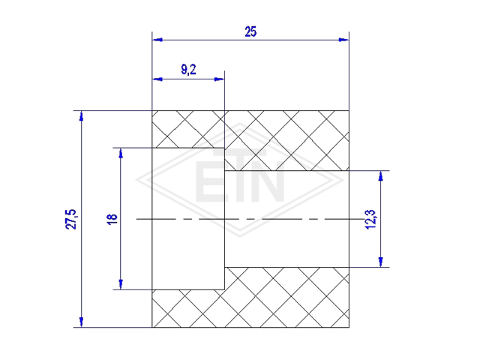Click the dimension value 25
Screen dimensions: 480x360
[x=250, y=31]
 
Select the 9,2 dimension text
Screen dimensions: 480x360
[x=188, y=70]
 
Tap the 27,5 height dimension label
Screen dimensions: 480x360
[x=70, y=219]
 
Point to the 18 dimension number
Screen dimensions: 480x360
[x=112, y=219]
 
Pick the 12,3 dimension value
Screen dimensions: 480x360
[x=370, y=219]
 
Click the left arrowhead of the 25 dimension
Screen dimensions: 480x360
[x=157, y=40]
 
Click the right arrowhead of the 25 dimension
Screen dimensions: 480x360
[x=343, y=40]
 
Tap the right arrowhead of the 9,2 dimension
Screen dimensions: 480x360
[x=219, y=79]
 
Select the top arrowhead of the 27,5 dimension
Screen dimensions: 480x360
[x=81, y=116]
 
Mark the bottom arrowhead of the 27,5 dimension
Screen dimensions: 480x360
[x=81, y=322]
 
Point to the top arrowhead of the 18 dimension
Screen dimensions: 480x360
[x=121, y=153]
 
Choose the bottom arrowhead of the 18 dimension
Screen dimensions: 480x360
[x=121, y=284]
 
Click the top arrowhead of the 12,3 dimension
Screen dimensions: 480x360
[x=380, y=176]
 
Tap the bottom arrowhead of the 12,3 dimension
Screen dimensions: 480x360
[x=380, y=262]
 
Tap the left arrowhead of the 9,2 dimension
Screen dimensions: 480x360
[x=157, y=79]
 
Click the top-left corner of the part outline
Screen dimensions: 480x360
[x=152, y=110]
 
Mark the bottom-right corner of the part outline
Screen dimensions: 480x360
[x=349, y=327]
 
